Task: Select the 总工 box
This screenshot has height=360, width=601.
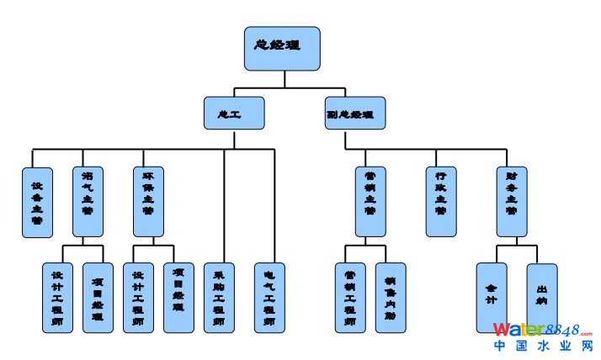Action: (x=234, y=113)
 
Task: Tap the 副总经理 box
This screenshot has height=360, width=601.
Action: (x=355, y=113)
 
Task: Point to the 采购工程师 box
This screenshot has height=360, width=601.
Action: (x=219, y=298)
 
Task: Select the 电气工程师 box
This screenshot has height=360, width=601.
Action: (x=270, y=298)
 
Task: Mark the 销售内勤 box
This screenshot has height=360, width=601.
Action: (x=391, y=298)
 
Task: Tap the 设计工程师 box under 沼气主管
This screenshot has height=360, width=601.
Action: (x=58, y=298)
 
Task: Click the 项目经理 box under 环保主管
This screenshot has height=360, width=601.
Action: (x=178, y=298)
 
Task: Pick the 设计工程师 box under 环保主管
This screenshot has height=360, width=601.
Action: (x=138, y=298)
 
